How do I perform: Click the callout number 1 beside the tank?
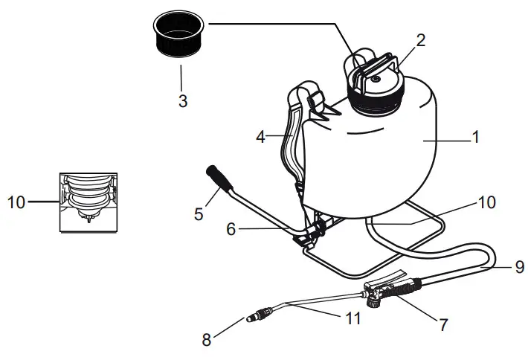point(476,138)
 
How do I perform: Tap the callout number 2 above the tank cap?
point(420,41)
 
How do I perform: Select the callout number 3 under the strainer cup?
point(182,100)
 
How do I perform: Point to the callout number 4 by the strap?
point(260,137)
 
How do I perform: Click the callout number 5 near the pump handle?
point(199,214)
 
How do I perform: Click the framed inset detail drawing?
point(90,202)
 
